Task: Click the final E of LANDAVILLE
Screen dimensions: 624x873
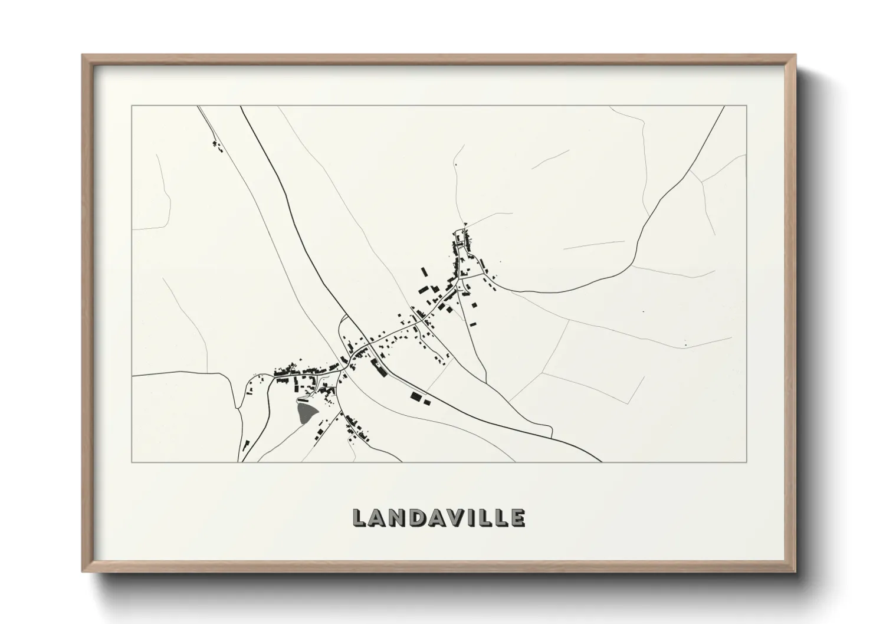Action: coord(517,518)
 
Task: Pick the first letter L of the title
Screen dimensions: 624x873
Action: coord(359,518)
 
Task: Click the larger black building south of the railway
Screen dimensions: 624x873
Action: coord(417,396)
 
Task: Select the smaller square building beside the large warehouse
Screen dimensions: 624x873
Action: coord(428,402)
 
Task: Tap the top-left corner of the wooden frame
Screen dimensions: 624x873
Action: coord(83,55)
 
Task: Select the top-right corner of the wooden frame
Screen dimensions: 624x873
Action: coord(795,55)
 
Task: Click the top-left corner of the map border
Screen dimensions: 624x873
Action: coord(132,106)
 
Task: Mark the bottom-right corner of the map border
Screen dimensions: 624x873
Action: coord(747,462)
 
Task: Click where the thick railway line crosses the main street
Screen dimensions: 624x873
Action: coord(367,344)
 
